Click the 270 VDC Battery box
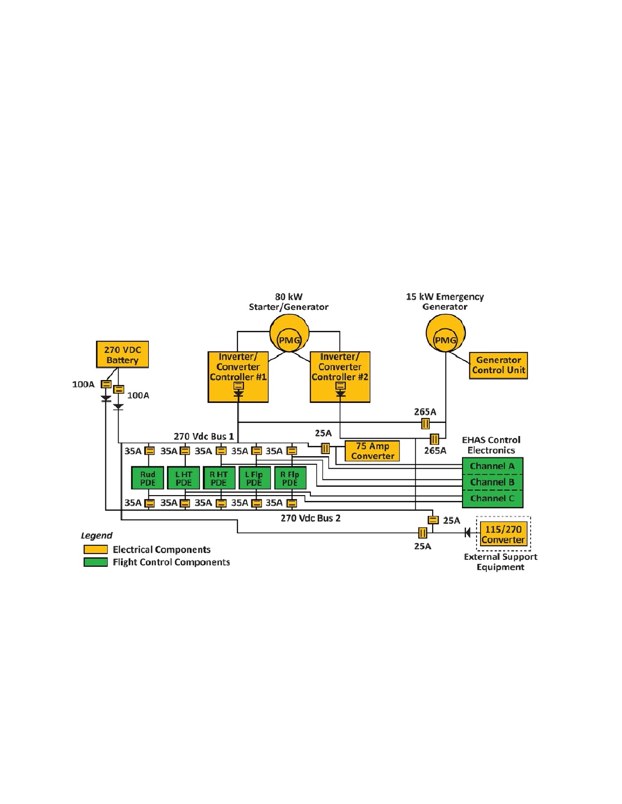122,354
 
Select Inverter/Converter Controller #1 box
238,377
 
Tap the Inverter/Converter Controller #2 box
340,377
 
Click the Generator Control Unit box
498,365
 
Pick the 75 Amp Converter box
372,451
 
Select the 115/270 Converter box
503,534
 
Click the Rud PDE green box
147,478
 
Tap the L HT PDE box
183,478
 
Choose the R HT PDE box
219,478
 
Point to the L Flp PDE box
255,478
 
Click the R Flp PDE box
290,478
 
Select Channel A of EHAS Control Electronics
492,466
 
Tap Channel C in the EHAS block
492,499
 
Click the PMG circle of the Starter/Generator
289,340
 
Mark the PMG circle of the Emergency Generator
445,340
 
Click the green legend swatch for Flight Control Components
96,562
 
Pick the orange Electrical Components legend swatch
96,550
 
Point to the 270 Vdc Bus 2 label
310,518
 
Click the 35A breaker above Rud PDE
149,451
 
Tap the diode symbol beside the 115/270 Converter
467,533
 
